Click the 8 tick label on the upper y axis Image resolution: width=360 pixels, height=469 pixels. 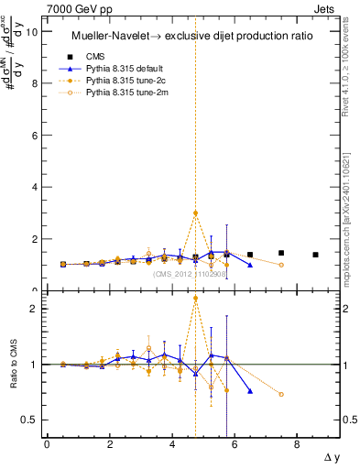tap(35, 83)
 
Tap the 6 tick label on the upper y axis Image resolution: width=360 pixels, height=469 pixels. tap(35, 136)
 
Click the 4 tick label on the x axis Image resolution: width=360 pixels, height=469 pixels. tap(172, 445)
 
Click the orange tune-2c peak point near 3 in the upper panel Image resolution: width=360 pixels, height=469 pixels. tap(195, 213)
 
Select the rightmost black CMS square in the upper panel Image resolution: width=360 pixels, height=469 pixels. tap(315, 255)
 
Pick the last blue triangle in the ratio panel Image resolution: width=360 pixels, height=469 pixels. tap(250, 391)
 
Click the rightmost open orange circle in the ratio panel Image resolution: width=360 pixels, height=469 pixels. tap(281, 395)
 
